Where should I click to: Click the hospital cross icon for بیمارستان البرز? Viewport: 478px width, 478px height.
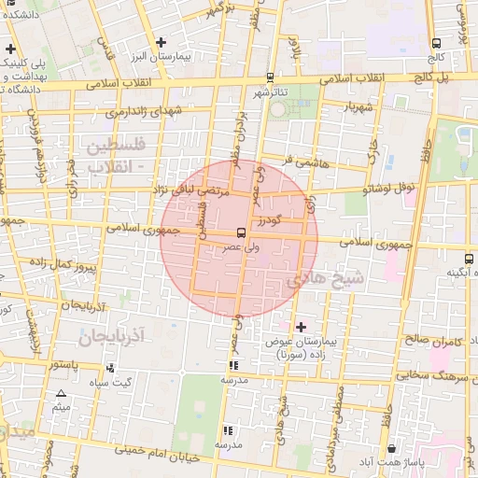[162, 42]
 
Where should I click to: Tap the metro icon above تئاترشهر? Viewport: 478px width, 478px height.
[270, 77]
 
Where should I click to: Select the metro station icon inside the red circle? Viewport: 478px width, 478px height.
[242, 232]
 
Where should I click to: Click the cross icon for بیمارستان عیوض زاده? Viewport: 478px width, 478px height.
[301, 327]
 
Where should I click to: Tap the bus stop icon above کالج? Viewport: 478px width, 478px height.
[436, 42]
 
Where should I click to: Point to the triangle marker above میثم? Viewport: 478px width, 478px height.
[62, 394]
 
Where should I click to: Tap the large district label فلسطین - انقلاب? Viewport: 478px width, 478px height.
[115, 157]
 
